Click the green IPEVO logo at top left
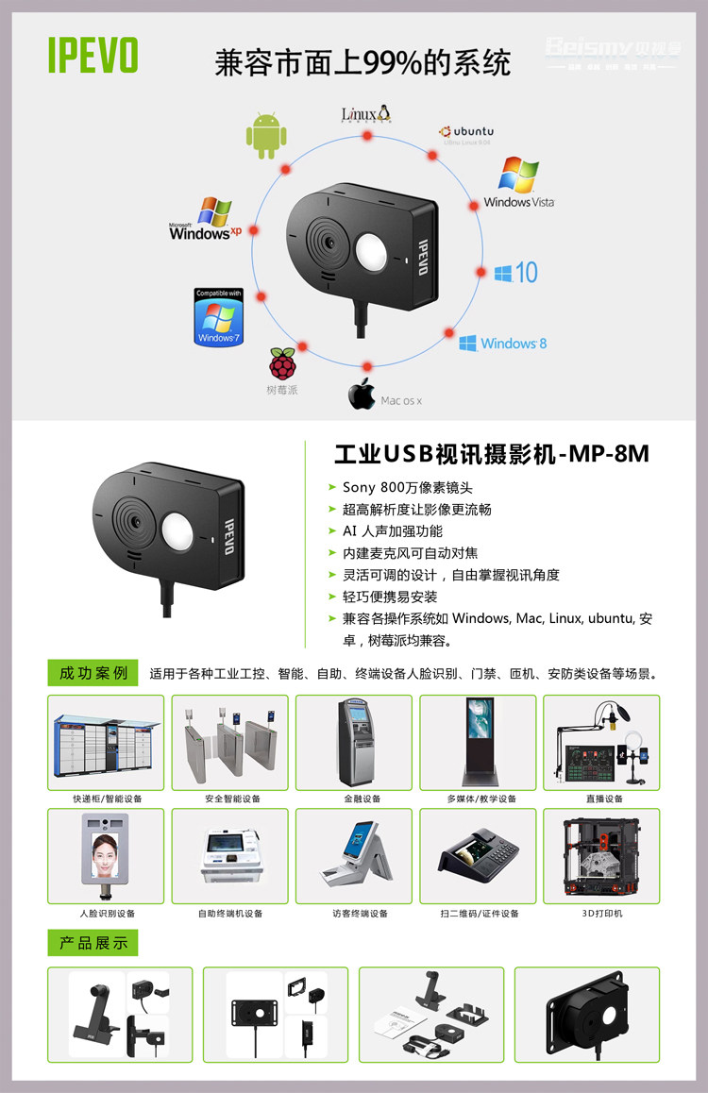[93, 55]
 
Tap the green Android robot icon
[265, 135]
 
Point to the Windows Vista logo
[518, 182]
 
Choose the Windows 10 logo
[515, 273]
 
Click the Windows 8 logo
[503, 343]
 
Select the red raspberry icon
[281, 363]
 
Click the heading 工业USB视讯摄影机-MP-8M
[492, 454]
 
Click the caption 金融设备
[354, 799]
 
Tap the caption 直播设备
[601, 799]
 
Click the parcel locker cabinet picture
[106, 743]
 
